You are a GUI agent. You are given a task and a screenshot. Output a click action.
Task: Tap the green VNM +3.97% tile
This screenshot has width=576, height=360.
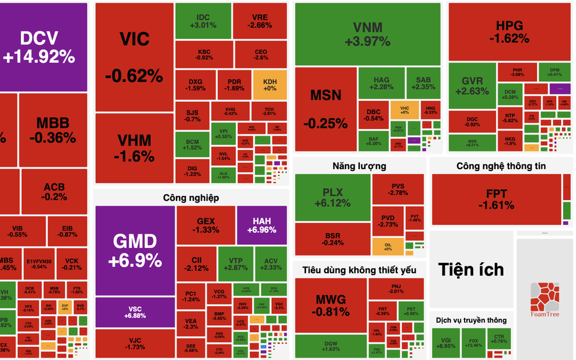(367, 34)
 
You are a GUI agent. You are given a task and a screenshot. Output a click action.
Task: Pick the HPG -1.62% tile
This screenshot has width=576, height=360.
(509, 31)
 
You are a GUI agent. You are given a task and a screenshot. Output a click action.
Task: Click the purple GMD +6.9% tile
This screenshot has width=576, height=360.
(135, 250)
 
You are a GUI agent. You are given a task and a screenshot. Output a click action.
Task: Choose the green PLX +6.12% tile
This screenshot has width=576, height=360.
(332, 198)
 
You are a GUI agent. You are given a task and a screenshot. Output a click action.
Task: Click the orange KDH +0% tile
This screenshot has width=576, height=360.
(270, 85)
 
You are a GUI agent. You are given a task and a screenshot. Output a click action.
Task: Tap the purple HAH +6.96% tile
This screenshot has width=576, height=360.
(262, 225)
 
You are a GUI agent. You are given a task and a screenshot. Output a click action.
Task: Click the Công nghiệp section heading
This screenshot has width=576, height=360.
(191, 198)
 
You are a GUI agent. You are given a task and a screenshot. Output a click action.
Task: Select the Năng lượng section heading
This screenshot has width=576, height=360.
(359, 165)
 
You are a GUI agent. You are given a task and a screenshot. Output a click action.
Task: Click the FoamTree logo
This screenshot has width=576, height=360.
(544, 300)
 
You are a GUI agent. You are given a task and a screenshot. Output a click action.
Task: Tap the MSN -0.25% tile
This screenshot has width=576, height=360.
(326, 108)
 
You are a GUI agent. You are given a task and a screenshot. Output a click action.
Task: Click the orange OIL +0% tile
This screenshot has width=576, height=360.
(388, 245)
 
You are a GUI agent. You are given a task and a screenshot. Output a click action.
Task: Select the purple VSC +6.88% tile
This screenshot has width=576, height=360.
(135, 312)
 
